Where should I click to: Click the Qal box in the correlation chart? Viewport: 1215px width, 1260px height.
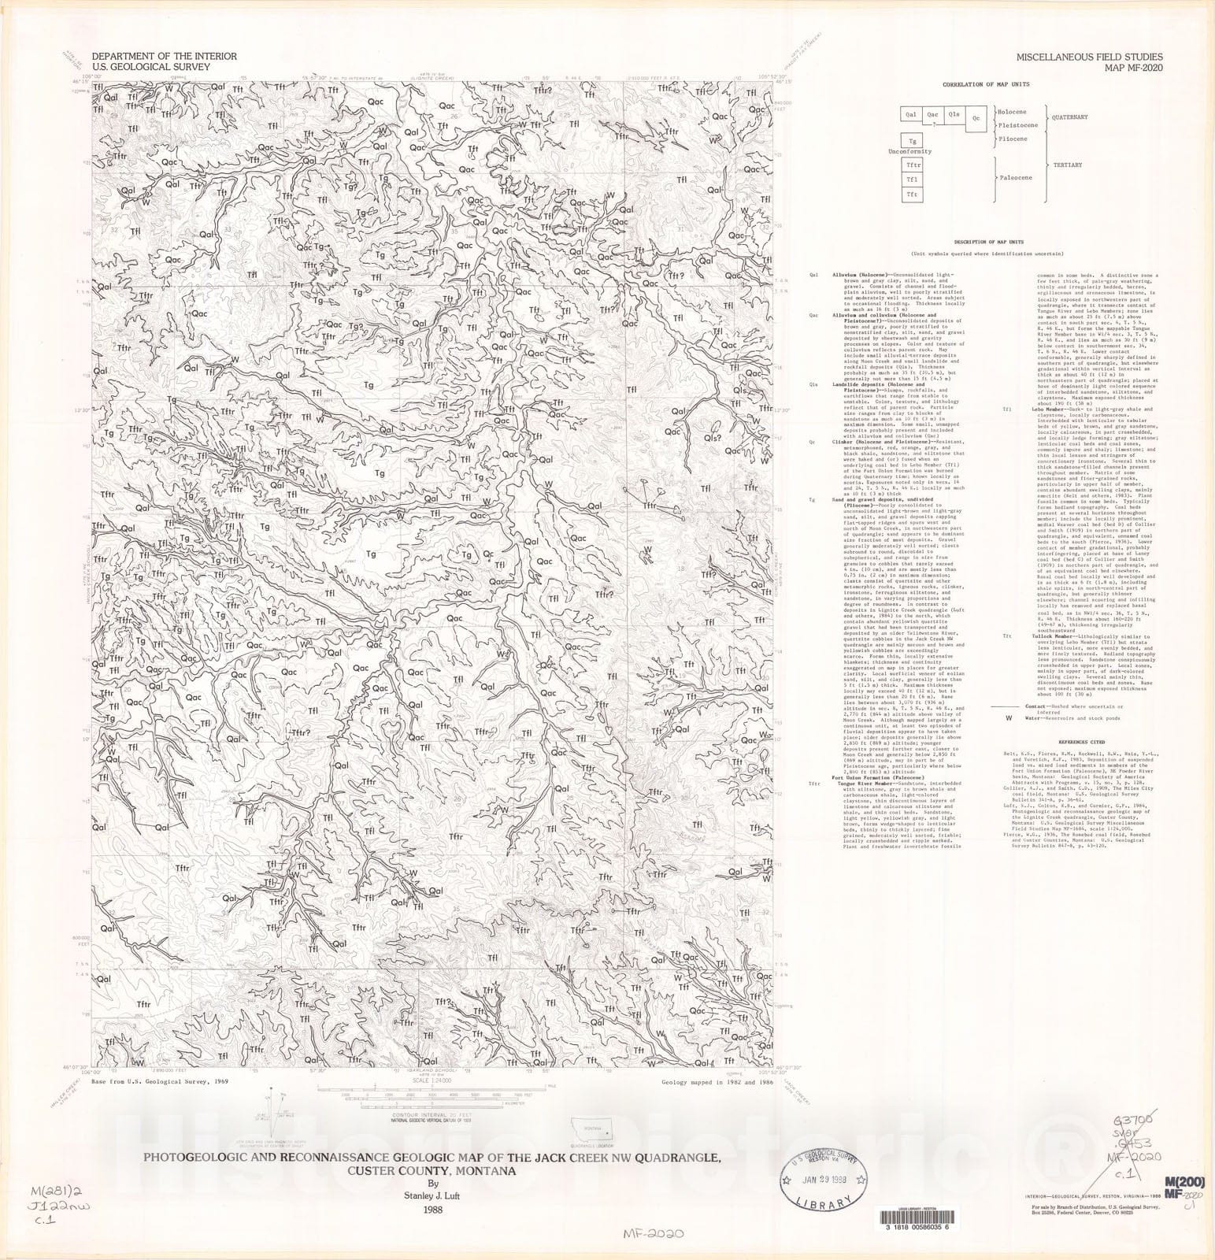tap(911, 115)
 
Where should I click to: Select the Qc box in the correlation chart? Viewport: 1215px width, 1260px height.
tap(976, 119)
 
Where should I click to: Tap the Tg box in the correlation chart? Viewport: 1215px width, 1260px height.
tap(911, 141)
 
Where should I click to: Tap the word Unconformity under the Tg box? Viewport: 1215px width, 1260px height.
tap(910, 151)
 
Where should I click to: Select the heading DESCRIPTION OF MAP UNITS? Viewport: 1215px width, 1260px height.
tap(988, 242)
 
